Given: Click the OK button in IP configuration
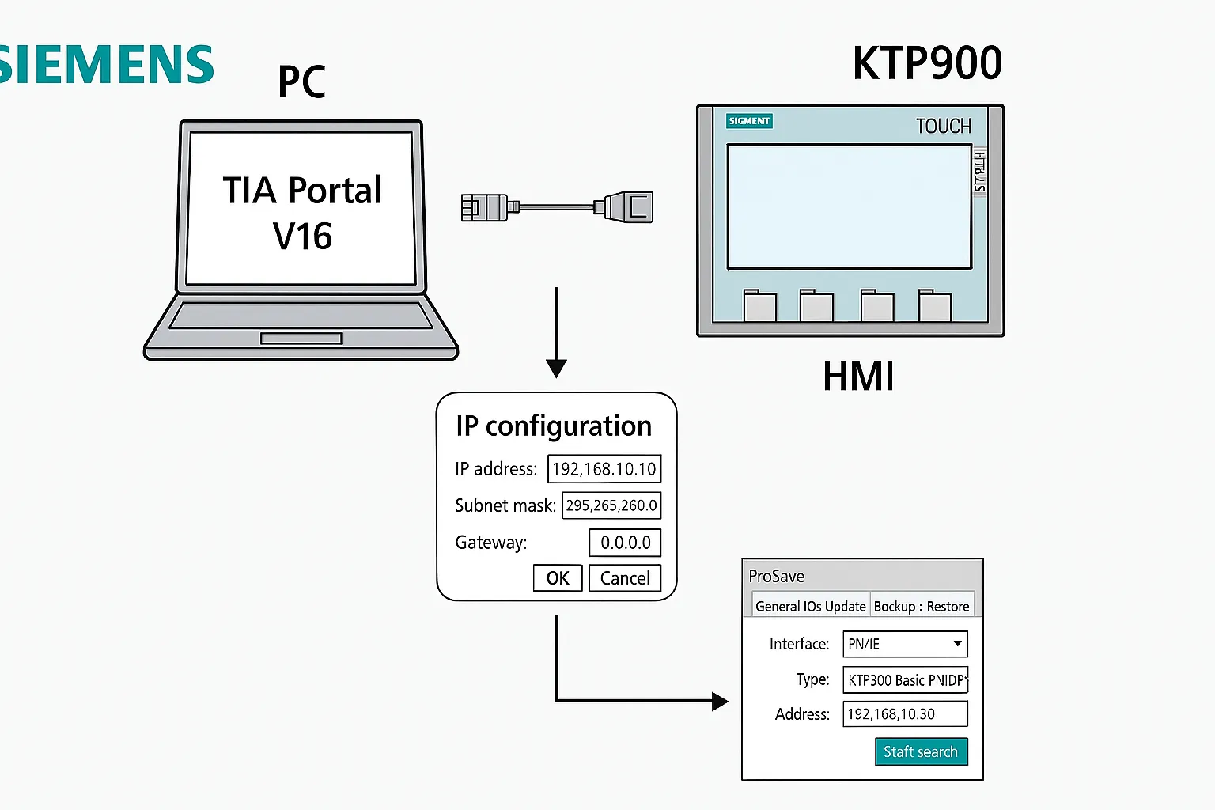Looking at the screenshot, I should pyautogui.click(x=558, y=578).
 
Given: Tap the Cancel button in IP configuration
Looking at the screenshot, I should pyautogui.click(x=625, y=578).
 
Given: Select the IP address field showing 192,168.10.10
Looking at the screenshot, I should pyautogui.click(x=604, y=469).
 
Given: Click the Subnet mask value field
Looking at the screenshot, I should pyautogui.click(x=611, y=505).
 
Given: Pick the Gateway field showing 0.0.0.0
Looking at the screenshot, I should pyautogui.click(x=625, y=543).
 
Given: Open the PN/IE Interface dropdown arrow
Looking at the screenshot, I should pyautogui.click(x=957, y=644).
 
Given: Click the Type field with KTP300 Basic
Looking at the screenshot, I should pyautogui.click(x=905, y=680).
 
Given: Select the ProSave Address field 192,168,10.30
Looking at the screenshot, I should pyautogui.click(x=905, y=714).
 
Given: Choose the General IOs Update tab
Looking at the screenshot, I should pyautogui.click(x=810, y=606).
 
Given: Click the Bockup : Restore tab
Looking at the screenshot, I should pyautogui.click(x=922, y=606).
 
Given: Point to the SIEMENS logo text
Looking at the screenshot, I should pyautogui.click(x=107, y=65).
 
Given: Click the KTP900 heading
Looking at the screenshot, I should pyautogui.click(x=927, y=63).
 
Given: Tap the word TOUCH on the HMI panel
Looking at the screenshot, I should pyautogui.click(x=943, y=127).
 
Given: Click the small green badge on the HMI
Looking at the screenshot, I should pyautogui.click(x=749, y=121).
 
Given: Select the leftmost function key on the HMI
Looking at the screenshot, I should pyautogui.click(x=760, y=305).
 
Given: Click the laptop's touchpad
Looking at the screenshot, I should pyautogui.click(x=301, y=339).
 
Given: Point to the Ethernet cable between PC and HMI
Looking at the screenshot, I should pyautogui.click(x=557, y=207).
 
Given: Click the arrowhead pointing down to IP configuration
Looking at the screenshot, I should pyautogui.click(x=557, y=369).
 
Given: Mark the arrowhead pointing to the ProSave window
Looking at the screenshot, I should pyautogui.click(x=719, y=701).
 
